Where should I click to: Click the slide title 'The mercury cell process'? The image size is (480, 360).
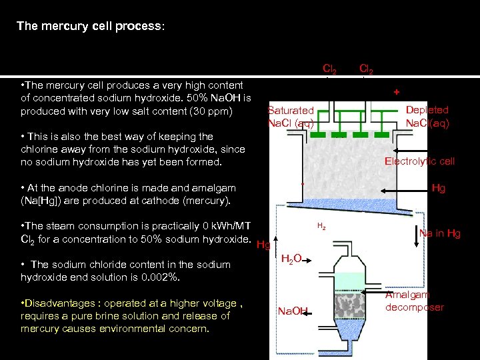pos(90,27)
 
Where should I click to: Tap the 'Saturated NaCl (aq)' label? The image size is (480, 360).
pos(291,117)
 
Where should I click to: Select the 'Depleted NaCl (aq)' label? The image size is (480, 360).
pos(427,116)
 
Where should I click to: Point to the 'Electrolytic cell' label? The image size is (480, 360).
pos(419,161)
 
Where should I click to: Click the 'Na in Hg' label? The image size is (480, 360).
pos(439,233)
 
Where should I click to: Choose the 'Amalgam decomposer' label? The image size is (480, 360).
pos(415,301)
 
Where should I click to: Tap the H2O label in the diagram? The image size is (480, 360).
pos(291,259)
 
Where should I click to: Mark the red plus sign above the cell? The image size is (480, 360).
pos(396,91)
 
